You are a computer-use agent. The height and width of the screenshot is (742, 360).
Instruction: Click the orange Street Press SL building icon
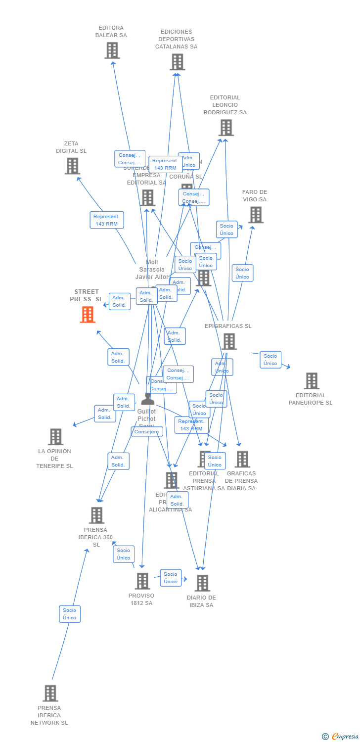coord(88,314)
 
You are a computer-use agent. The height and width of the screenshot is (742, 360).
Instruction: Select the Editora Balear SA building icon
coord(112,50)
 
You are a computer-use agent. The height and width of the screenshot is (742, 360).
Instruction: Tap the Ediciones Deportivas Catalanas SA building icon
coord(177,62)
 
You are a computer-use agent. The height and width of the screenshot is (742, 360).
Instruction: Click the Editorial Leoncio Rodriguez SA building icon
coord(226,127)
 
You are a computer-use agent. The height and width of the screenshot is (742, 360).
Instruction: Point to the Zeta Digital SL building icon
coord(72,166)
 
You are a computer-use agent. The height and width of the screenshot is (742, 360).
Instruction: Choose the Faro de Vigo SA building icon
coord(256,215)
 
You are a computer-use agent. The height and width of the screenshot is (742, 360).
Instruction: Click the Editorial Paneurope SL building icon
coord(312,381)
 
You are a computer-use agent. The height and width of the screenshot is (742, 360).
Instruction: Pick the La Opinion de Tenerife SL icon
coord(55,437)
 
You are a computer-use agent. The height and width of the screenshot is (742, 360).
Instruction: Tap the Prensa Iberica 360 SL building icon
coord(96,515)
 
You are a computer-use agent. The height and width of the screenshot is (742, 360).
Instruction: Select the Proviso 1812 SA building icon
coord(142,581)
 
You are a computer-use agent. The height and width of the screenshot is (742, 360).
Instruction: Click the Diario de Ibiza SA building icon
coord(202,583)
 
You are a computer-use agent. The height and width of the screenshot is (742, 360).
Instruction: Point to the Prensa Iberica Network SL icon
coord(50,693)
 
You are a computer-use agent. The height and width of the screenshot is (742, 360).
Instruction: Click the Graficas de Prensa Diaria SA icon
coord(242,459)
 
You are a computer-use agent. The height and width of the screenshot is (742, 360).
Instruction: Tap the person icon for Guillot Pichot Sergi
coord(148,398)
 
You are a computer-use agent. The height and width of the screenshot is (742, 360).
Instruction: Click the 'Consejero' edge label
coord(147,432)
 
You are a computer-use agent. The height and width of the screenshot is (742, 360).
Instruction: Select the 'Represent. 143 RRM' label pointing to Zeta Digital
coord(107,220)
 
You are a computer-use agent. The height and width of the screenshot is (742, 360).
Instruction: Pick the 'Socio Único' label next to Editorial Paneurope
coord(270,360)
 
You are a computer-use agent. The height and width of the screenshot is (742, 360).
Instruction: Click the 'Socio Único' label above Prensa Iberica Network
coord(70,614)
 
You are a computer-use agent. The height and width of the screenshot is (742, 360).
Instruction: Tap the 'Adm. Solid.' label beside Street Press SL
coord(119,301)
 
